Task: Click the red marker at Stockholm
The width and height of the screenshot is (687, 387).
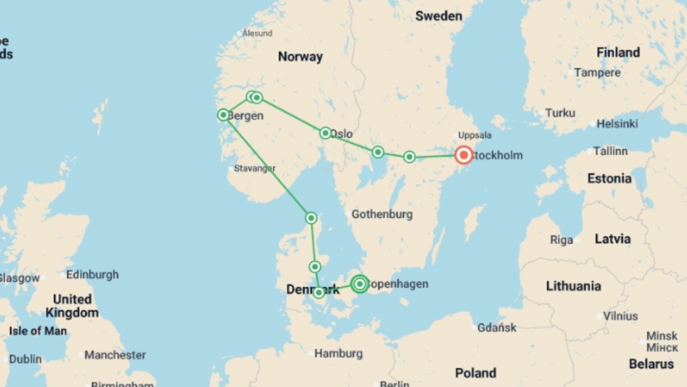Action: pos(463,155)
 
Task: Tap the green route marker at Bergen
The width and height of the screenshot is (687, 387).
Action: pos(223,115)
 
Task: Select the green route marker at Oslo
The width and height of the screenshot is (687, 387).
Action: pos(325,133)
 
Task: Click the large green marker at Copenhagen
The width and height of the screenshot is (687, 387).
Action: pos(360,284)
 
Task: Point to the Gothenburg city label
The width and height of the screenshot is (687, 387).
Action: pos(382,214)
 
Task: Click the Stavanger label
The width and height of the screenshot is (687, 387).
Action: pos(254,168)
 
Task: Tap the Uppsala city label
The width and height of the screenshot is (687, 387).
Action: pos(475,135)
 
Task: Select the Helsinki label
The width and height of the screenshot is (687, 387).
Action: pos(617,124)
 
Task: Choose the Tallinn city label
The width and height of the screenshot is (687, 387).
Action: pos(610,151)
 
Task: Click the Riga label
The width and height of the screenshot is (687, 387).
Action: pos(561,240)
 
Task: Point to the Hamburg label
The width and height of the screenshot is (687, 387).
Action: pos(338,354)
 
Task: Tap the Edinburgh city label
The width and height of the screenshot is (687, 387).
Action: pos(92,275)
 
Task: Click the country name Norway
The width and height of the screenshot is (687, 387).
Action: pos(300,57)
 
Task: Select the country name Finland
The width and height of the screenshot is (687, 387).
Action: pos(618,53)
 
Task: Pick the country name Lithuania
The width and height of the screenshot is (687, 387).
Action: pos(573,286)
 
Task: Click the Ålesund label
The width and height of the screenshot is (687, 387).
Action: pos(257,33)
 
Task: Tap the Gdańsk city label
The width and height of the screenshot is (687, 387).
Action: pos(497,328)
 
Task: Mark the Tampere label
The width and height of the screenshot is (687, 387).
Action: pos(597,73)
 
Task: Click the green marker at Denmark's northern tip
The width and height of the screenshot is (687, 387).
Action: pos(311,218)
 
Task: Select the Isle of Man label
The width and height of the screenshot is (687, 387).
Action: pos(38,331)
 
